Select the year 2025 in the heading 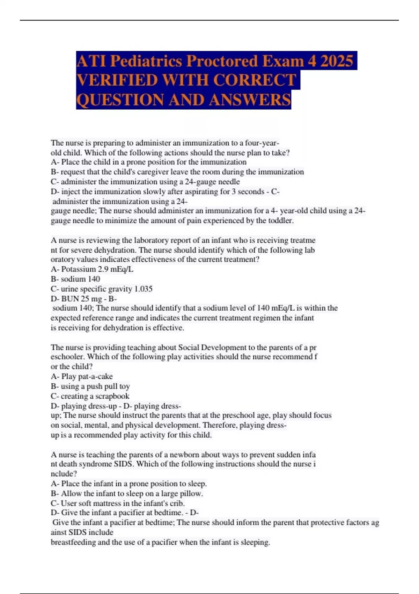pyautogui.click(x=337, y=61)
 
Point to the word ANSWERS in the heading pyautogui.click(x=250, y=100)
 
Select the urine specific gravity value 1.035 pyautogui.click(x=143, y=289)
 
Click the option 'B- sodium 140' pyautogui.click(x=75, y=279)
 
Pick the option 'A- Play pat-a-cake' pyautogui.click(x=82, y=377)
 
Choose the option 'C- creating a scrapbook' pyautogui.click(x=90, y=396)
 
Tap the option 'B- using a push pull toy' pyautogui.click(x=90, y=386)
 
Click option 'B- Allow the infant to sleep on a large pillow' pyautogui.click(x=127, y=494)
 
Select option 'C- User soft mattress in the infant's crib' pyautogui.click(x=118, y=504)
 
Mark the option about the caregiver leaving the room pyautogui.click(x=177, y=172)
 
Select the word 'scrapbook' pyautogui.click(x=112, y=396)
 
